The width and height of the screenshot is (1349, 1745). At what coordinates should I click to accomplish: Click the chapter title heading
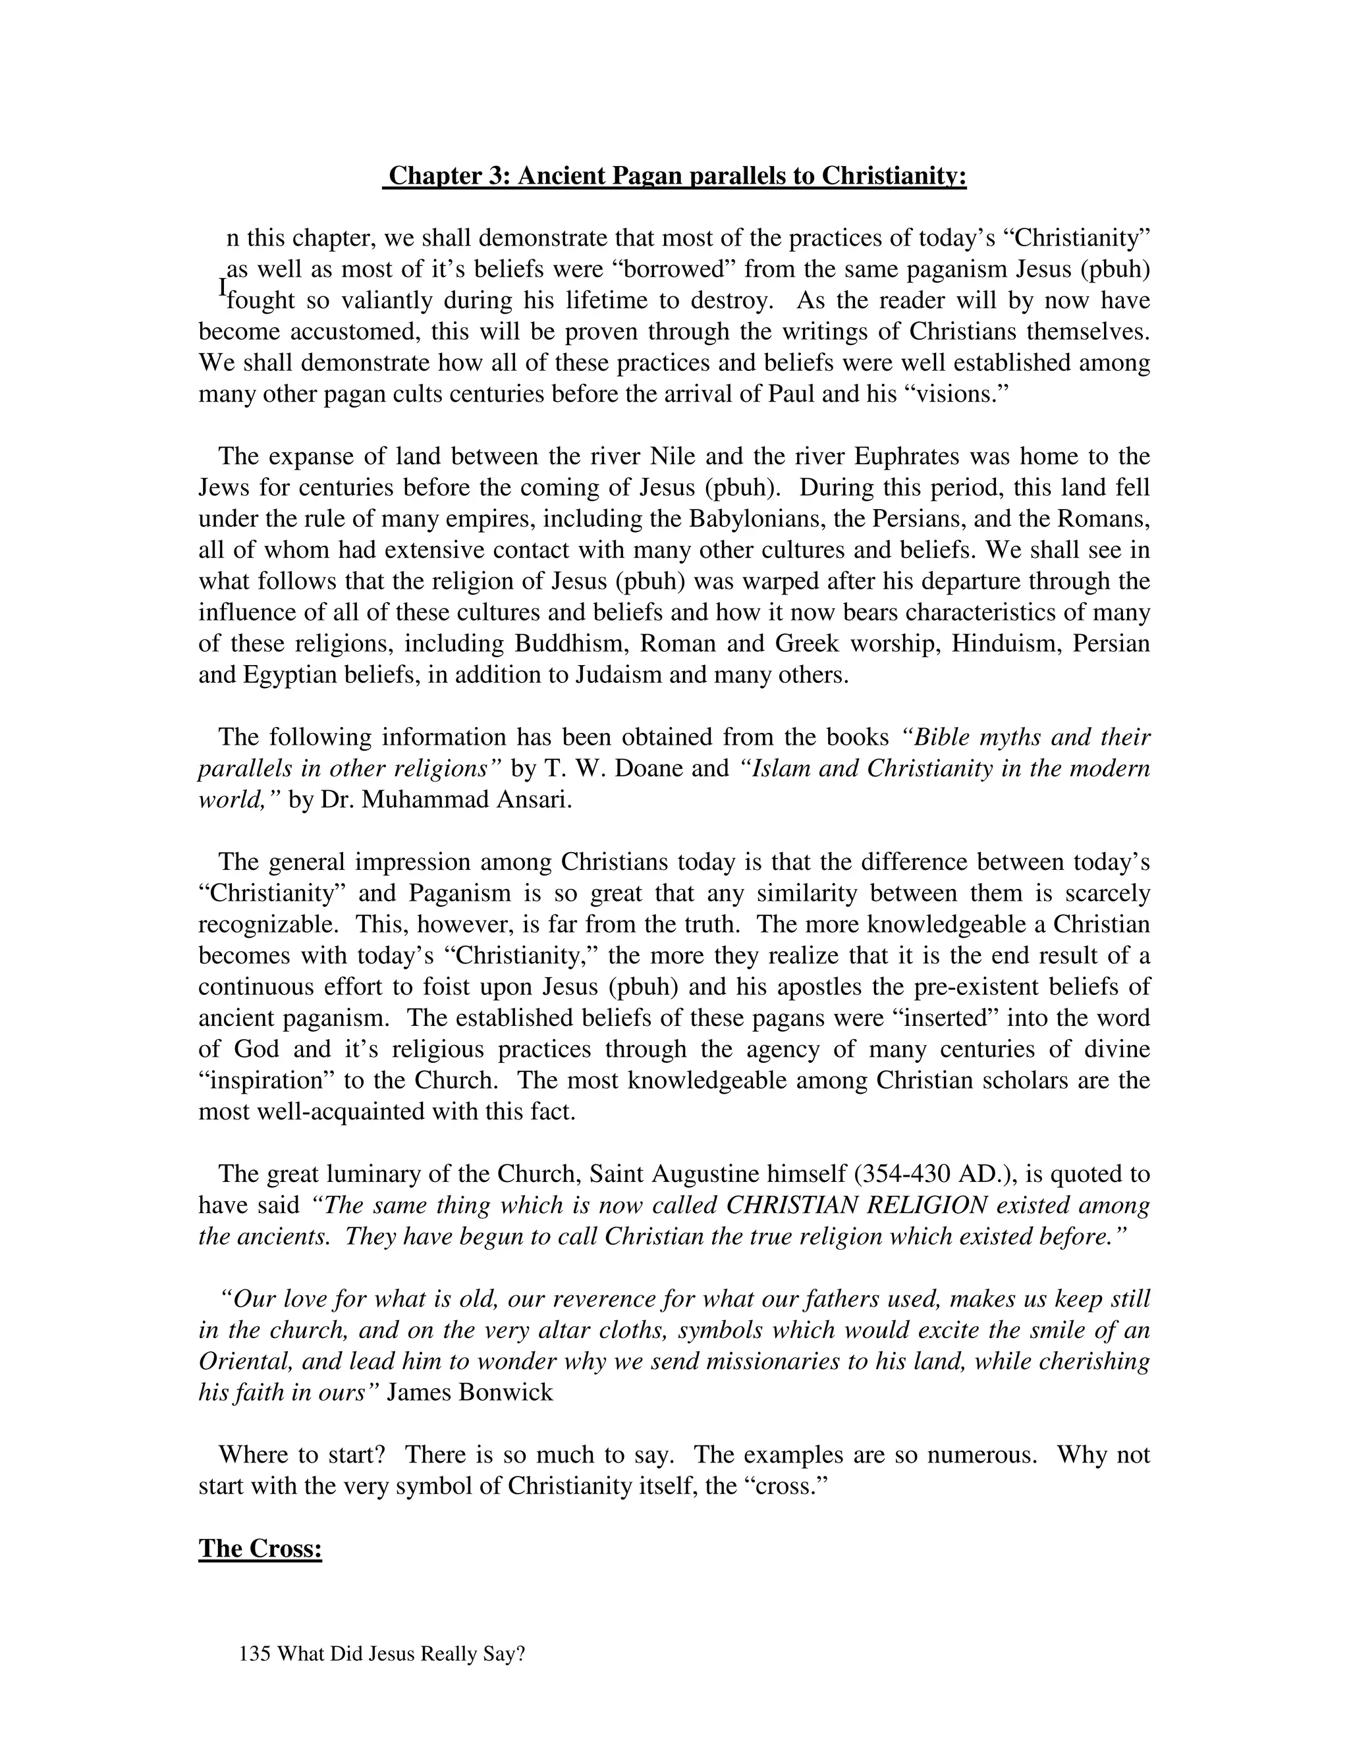[x=675, y=176]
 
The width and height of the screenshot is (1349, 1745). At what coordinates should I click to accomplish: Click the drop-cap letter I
[x=223, y=286]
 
